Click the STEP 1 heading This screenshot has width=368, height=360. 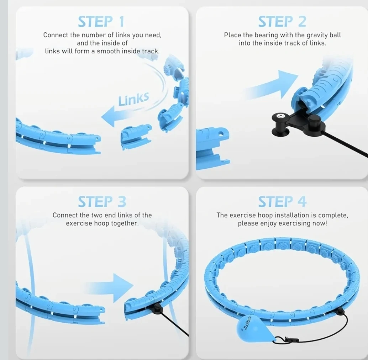[101, 22]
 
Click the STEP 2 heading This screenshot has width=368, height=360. [282, 22]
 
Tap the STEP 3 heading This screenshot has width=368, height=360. [102, 202]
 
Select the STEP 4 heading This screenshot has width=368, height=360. [282, 202]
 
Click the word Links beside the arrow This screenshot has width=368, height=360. [133, 99]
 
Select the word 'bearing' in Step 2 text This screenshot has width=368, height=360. [266, 35]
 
